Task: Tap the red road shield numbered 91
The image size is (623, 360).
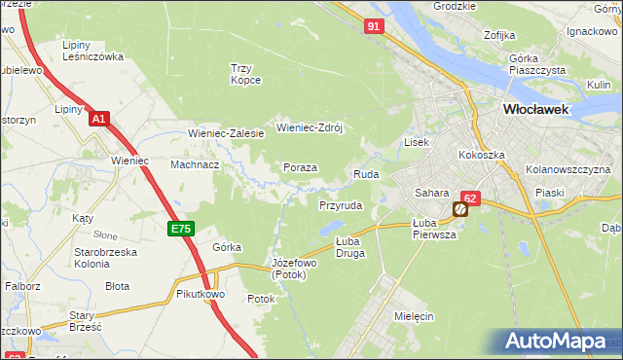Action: coord(375,27)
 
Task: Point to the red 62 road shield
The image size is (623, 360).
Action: coord(470,198)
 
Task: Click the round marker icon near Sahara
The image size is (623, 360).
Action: coord(459,209)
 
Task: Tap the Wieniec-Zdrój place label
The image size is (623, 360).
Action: coord(312,126)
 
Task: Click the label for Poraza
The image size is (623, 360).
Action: coord(300,167)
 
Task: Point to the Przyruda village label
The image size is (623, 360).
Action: coord(341,206)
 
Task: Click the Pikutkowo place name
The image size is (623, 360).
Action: coord(201,293)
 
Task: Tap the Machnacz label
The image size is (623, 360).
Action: coord(195,164)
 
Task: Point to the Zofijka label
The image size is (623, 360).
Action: coord(498,36)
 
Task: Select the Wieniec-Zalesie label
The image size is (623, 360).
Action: coord(226,133)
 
